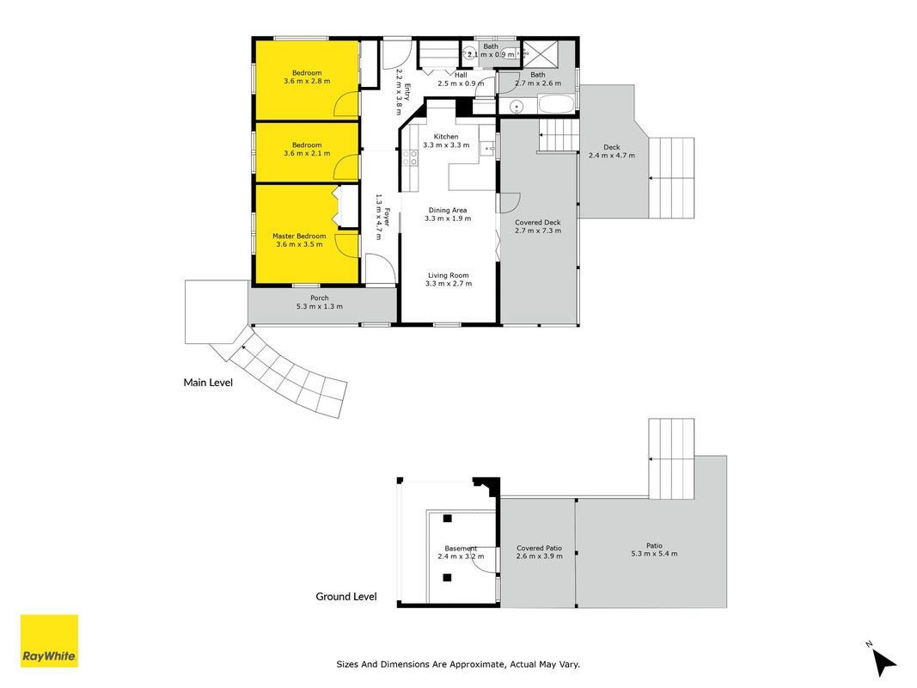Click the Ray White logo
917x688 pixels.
coord(49,641)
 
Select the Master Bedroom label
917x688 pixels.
coord(299,236)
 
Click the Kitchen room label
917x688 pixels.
coord(446,137)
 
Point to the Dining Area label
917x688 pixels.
coord(448,210)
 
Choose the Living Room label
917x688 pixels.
coord(449,275)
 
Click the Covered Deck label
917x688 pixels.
coord(538,223)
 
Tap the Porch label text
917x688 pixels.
coord(320,298)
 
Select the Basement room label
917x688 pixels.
coord(461,548)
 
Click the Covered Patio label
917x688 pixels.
coord(539,548)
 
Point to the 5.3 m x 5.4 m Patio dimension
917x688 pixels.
coord(654,554)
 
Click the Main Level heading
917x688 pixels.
coord(208,383)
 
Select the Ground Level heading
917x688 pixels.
coord(346,597)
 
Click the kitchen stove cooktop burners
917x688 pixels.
coord(410,157)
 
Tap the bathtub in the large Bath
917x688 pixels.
coord(557,105)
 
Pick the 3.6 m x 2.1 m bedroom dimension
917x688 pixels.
coord(307,153)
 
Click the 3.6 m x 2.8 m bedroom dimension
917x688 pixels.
coord(307,81)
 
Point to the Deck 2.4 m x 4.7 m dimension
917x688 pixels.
coord(612,156)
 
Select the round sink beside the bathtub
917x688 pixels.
coord(517,107)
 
